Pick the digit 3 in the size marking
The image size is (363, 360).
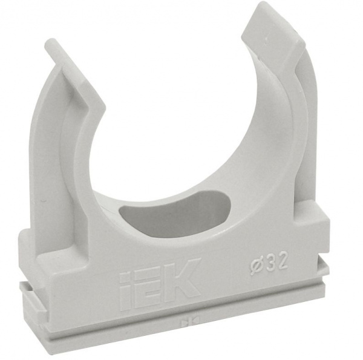click(x=270, y=264)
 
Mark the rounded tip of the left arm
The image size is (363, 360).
click(x=50, y=44)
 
